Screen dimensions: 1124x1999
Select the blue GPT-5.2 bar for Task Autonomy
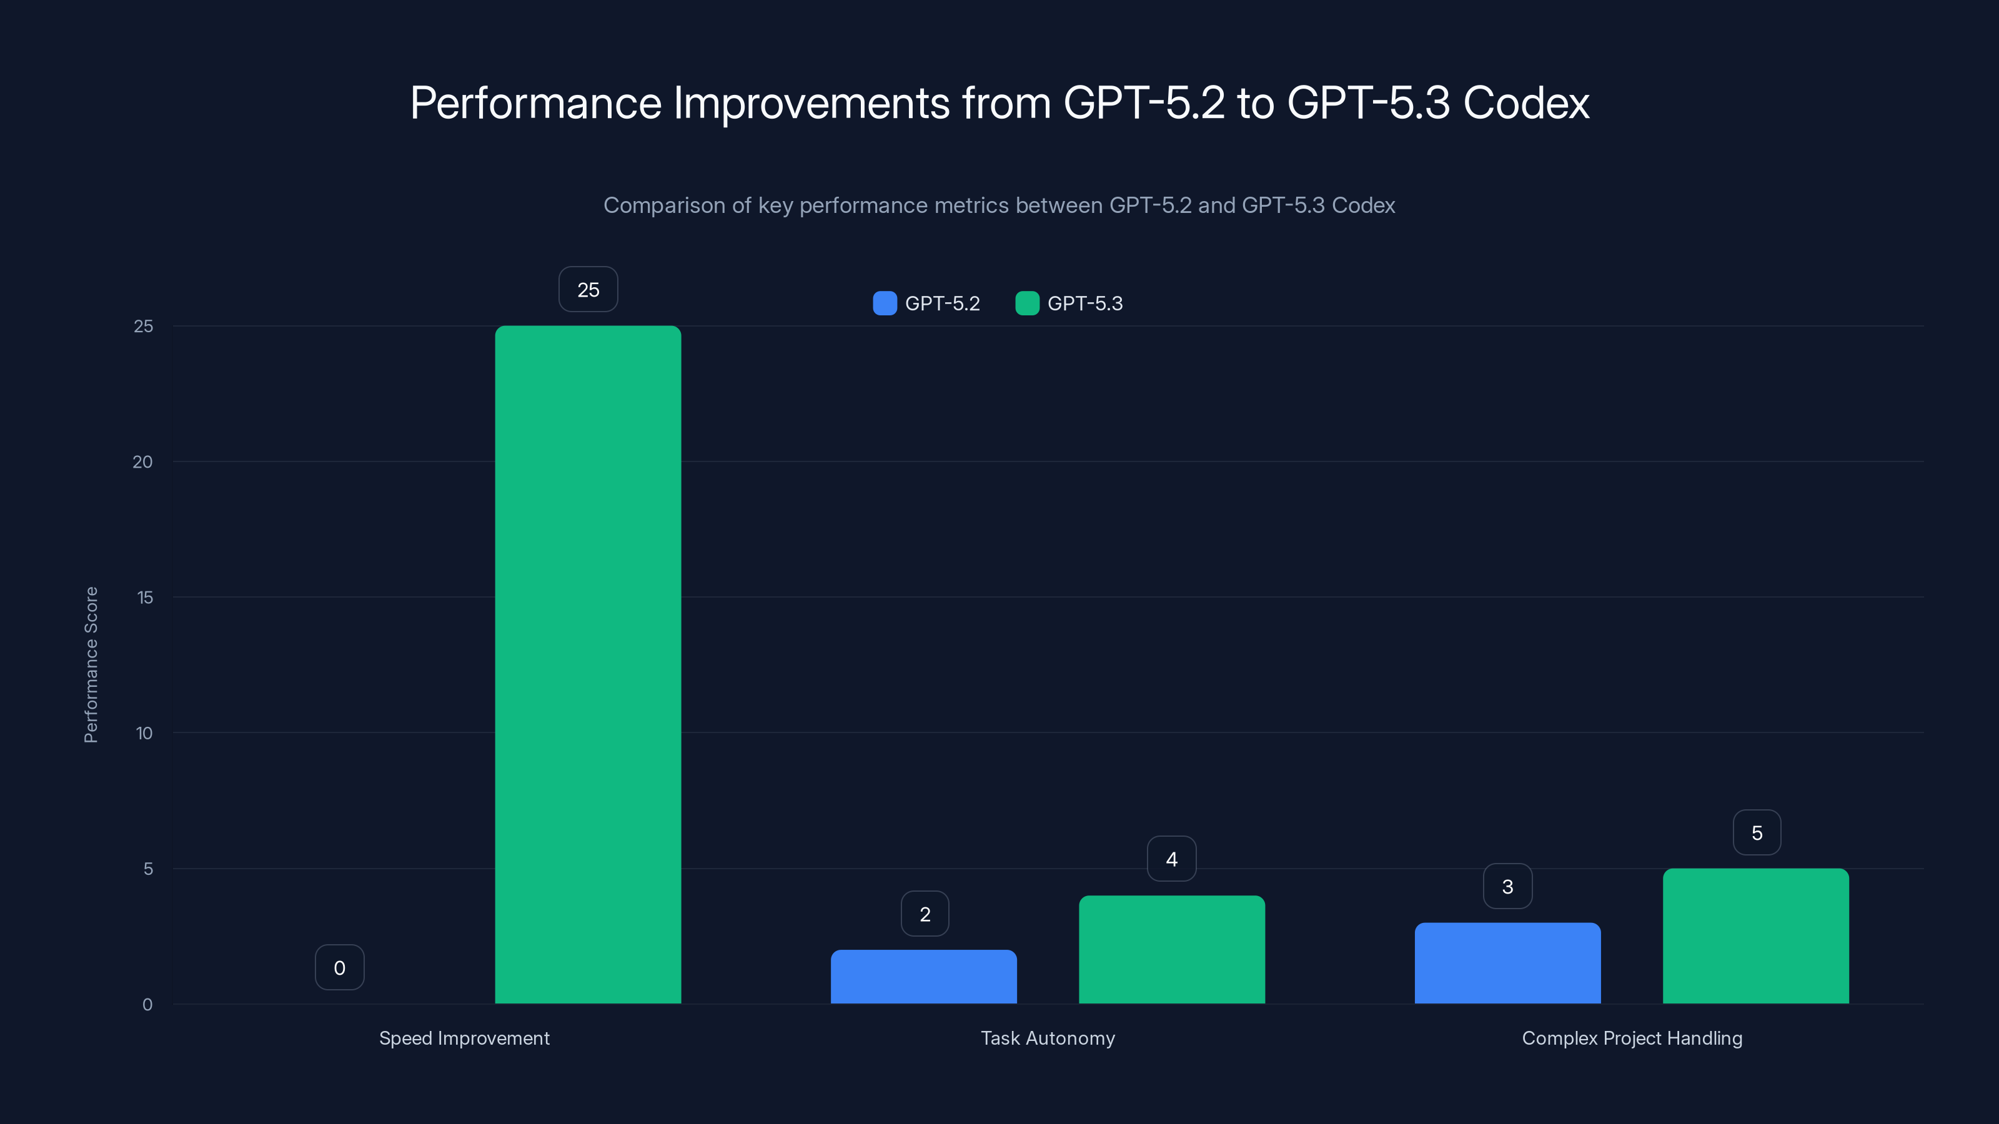(x=923, y=977)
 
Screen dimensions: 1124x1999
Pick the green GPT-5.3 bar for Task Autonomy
(x=1172, y=949)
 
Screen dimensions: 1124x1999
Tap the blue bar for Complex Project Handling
(x=1507, y=963)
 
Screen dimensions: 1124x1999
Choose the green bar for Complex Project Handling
(x=1755, y=935)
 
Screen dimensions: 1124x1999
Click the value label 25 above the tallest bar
(x=588, y=289)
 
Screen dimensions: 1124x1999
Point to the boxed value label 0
(x=339, y=967)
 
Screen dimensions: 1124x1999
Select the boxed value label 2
(x=925, y=914)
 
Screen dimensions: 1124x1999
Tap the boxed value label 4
(x=1171, y=859)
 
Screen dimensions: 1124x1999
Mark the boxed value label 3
(x=1507, y=886)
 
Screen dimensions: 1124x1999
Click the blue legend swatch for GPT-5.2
(x=885, y=303)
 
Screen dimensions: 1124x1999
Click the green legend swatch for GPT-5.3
(x=1026, y=303)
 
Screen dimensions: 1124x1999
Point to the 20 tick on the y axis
(x=143, y=461)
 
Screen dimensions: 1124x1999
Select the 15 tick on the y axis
(x=144, y=598)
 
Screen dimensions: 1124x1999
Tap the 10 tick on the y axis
(x=144, y=733)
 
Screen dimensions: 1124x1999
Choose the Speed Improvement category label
(x=464, y=1038)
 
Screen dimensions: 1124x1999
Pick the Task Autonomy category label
(x=1048, y=1038)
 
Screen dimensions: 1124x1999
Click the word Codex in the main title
(x=1525, y=102)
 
